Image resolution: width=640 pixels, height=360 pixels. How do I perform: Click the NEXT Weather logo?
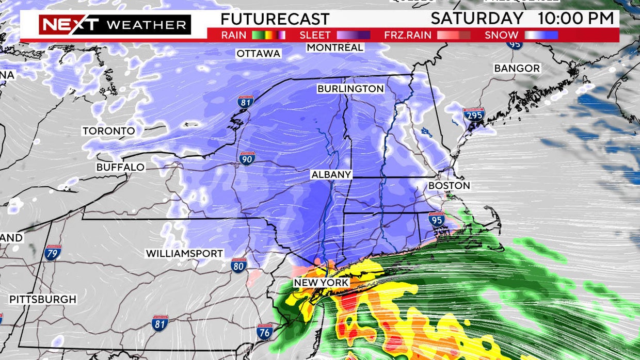[x=115, y=25]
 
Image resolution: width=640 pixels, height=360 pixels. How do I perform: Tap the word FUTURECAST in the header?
[x=275, y=19]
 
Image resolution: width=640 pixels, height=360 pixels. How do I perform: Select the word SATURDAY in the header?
[x=477, y=19]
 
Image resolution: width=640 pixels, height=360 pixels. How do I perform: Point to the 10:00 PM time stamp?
[x=577, y=19]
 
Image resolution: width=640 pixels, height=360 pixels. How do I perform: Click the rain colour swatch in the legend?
[x=268, y=36]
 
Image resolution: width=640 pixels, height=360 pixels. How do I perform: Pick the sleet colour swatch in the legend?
[x=353, y=36]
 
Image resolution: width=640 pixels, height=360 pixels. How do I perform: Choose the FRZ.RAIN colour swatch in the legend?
[x=454, y=36]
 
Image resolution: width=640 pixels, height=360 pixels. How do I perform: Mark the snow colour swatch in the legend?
[x=541, y=36]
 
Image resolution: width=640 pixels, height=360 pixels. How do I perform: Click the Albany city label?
[x=331, y=175]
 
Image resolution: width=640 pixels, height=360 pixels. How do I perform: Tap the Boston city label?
[x=449, y=185]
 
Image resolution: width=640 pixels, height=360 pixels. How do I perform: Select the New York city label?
[x=321, y=283]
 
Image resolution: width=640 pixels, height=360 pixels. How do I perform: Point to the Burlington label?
[x=350, y=89]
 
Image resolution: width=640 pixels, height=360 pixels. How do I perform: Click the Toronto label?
[x=108, y=131]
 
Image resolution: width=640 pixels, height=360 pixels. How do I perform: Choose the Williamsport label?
[x=184, y=253]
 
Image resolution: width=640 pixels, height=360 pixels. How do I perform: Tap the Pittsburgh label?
[x=43, y=299]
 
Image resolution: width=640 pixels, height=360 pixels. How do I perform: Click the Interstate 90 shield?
[x=246, y=158]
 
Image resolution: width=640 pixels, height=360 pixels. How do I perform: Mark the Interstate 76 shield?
[x=265, y=332]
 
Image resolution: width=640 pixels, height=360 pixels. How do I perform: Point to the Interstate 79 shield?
[x=53, y=252]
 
